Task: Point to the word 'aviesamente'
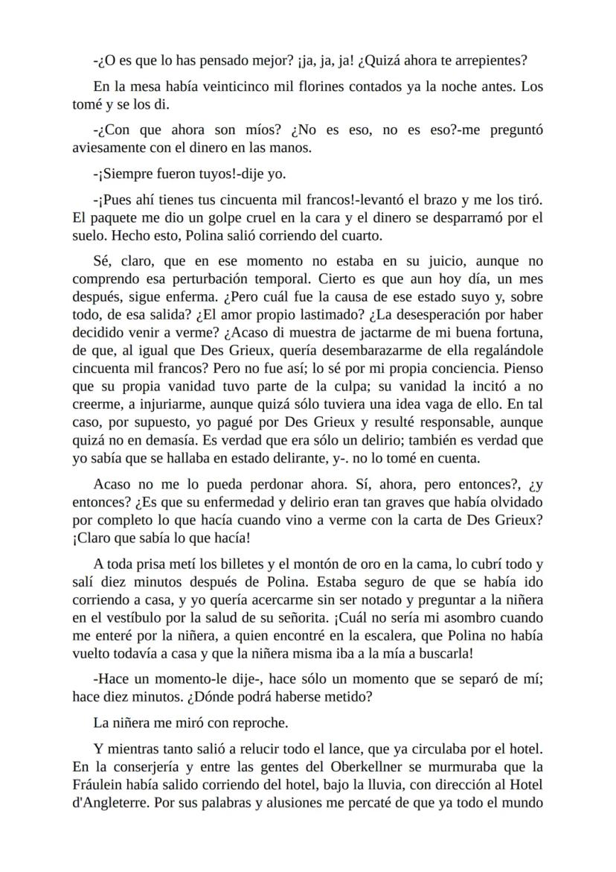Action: (x=111, y=147)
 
